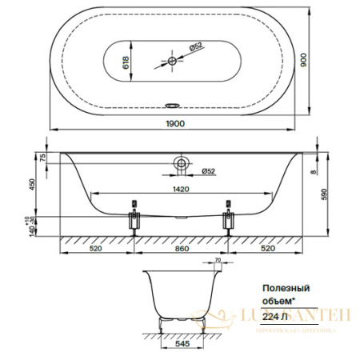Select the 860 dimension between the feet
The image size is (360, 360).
[182, 249]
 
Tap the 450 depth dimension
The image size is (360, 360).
[30, 183]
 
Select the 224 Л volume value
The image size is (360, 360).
[276, 314]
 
